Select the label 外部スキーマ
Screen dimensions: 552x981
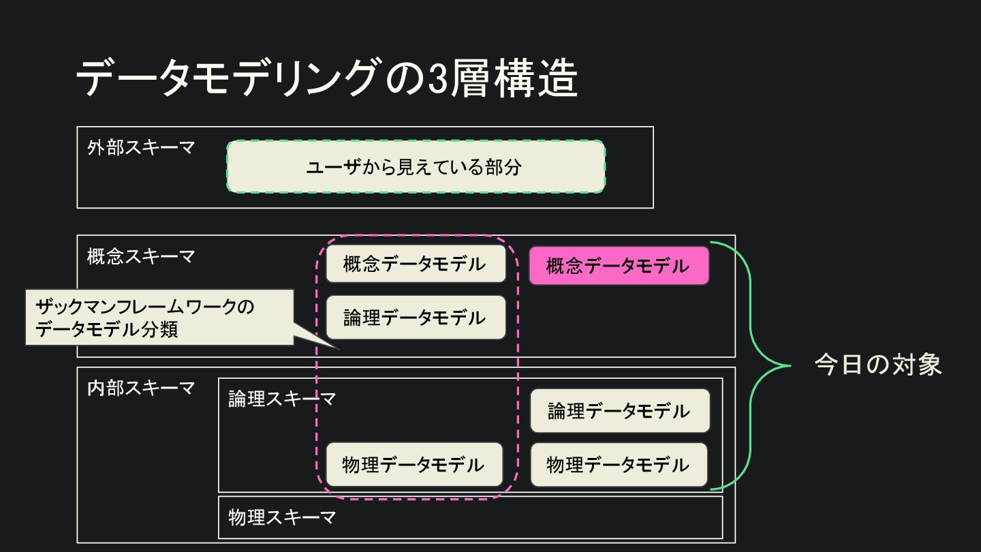tap(141, 148)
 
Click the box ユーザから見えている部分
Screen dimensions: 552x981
tap(416, 167)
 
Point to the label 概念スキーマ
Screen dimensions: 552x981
tap(141, 257)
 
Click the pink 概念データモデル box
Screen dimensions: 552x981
tap(619, 266)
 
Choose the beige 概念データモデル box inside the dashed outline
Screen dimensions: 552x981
tap(416, 264)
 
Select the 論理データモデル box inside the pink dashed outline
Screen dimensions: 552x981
tap(416, 318)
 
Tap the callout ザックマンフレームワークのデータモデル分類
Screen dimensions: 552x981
tap(159, 318)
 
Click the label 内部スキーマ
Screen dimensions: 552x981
tap(141, 388)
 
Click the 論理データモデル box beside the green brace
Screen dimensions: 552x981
tap(619, 411)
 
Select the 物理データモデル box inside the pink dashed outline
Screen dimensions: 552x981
tap(414, 465)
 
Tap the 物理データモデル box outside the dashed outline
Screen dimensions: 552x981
tap(619, 465)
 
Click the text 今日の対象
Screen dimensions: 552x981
tap(877, 365)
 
